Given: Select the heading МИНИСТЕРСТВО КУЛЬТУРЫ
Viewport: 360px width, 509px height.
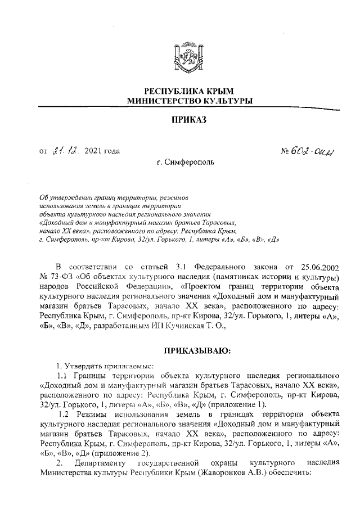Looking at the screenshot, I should tap(189, 101).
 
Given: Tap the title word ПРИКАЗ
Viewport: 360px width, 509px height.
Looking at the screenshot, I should tap(189, 120).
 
